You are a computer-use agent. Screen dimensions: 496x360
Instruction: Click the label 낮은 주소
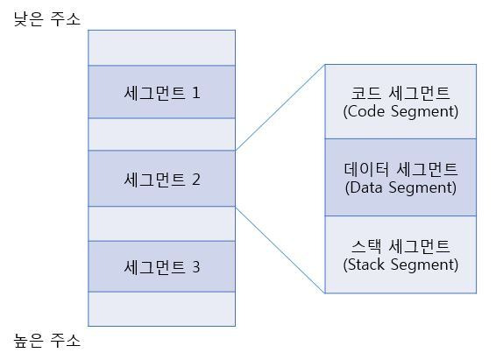pyautogui.click(x=47, y=19)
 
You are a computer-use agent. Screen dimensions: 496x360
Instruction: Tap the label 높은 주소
pyautogui.click(x=47, y=341)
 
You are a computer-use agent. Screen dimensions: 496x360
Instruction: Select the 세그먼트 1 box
pyautogui.click(x=161, y=92)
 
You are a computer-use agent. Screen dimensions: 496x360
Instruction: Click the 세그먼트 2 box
pyautogui.click(x=161, y=179)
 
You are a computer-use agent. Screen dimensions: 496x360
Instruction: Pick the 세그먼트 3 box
pyautogui.click(x=161, y=266)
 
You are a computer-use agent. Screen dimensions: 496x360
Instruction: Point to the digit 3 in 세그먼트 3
pyautogui.click(x=196, y=267)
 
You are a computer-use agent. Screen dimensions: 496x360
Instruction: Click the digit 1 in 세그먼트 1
pyautogui.click(x=196, y=93)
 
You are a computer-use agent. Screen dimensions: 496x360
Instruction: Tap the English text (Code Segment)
pyautogui.click(x=400, y=111)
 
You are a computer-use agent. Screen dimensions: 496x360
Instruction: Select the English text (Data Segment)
pyautogui.click(x=400, y=187)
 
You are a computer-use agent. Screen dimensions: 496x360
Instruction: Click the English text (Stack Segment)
pyautogui.click(x=400, y=265)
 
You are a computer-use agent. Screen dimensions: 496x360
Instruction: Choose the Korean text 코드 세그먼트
pyautogui.click(x=400, y=93)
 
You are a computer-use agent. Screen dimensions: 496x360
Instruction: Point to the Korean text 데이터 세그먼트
pyautogui.click(x=400, y=169)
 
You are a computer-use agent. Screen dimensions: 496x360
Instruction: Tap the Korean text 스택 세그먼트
pyautogui.click(x=400, y=246)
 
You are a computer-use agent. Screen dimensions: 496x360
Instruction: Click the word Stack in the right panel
pyautogui.click(x=366, y=265)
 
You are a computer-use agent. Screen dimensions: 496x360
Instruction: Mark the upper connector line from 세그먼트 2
pyautogui.click(x=280, y=108)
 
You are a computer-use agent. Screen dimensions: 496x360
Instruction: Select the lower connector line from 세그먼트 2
pyautogui.click(x=280, y=250)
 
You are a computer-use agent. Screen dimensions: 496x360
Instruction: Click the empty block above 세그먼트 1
pyautogui.click(x=161, y=47)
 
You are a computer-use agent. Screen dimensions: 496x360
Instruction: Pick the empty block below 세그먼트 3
pyautogui.click(x=161, y=309)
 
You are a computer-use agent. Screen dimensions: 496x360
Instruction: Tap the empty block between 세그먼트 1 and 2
pyautogui.click(x=161, y=134)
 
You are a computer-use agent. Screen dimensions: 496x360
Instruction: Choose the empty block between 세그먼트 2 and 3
pyautogui.click(x=161, y=223)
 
